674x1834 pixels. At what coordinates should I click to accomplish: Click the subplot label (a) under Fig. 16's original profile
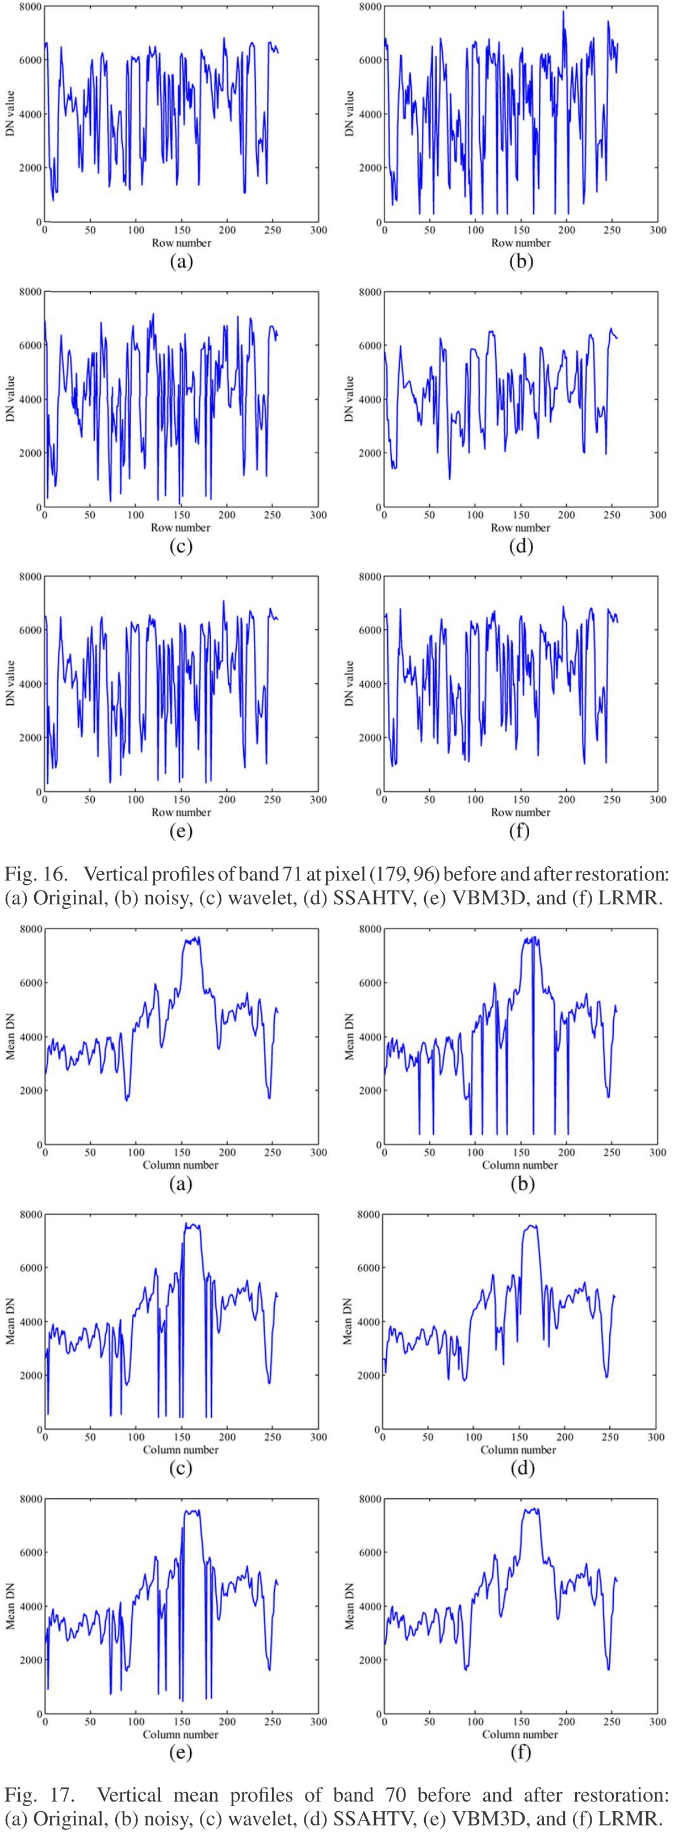181,261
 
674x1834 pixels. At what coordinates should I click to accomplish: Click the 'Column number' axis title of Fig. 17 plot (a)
181,1165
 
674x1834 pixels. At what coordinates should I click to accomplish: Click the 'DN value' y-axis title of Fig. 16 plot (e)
10,683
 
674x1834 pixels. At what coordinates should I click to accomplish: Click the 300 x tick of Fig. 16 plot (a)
318,230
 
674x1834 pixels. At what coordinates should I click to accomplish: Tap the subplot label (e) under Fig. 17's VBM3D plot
181,1752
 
